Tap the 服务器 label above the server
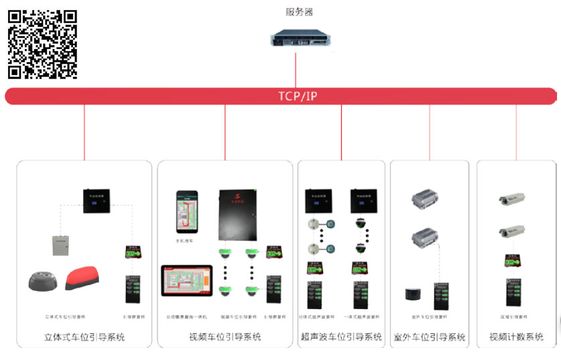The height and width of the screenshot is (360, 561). pyautogui.click(x=299, y=12)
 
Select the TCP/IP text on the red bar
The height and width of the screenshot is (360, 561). pyautogui.click(x=298, y=97)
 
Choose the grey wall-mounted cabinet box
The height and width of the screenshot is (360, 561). pyautogui.click(x=62, y=245)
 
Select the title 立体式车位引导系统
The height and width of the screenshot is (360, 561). pyautogui.click(x=84, y=337)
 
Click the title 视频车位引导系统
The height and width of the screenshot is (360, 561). pyautogui.click(x=225, y=337)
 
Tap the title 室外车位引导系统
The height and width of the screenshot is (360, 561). pyautogui.click(x=430, y=337)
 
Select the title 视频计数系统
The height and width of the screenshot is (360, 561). pyautogui.click(x=516, y=337)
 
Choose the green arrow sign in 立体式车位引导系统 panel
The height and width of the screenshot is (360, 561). pyautogui.click(x=133, y=253)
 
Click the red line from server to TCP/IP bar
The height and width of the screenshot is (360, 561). pyautogui.click(x=296, y=67)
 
